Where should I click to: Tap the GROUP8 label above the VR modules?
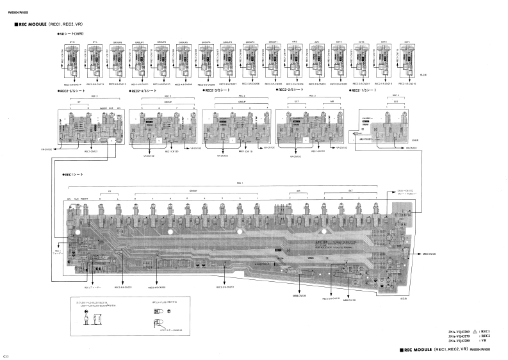(118, 41)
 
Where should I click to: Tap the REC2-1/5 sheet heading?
(366, 91)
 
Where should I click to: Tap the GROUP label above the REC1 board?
(192, 191)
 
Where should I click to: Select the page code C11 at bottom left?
(6, 355)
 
